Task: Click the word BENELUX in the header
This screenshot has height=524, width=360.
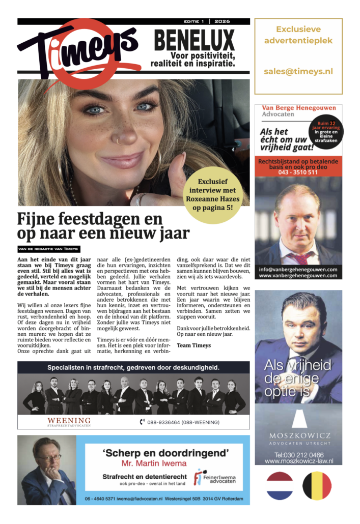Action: click(194, 41)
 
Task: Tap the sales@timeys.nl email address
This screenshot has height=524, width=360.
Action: click(298, 72)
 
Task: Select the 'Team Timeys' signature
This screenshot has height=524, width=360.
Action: click(194, 345)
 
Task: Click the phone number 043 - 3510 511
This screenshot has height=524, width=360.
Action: click(298, 172)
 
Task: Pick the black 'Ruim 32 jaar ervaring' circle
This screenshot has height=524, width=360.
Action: click(326, 130)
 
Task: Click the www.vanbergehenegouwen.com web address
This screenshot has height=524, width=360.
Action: click(298, 276)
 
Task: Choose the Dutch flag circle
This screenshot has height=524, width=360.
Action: click(280, 486)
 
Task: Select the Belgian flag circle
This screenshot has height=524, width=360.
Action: click(317, 486)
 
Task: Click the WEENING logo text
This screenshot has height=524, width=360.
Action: click(69, 421)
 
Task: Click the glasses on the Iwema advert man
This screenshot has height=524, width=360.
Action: click(49, 457)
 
